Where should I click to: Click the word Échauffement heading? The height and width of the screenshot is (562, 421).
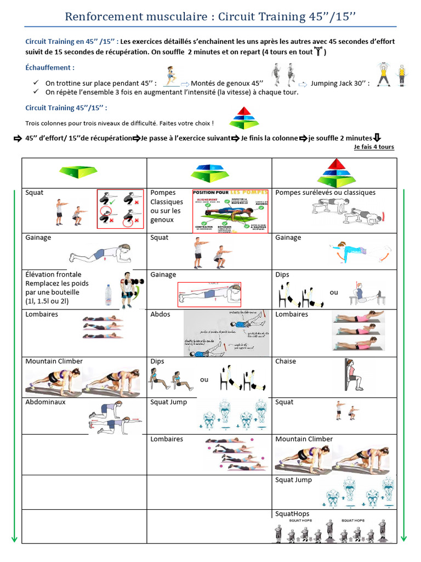click(x=50, y=68)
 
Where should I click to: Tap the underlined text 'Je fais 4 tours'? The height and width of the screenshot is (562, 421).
click(x=374, y=147)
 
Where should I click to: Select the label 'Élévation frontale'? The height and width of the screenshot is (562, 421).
click(x=53, y=274)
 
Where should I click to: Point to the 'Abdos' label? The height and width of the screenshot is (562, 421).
click(x=160, y=314)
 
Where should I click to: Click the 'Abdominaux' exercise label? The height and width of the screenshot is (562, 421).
click(x=45, y=402)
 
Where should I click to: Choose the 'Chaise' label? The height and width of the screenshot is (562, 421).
click(x=286, y=361)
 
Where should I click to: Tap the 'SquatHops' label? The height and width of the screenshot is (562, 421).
click(x=292, y=514)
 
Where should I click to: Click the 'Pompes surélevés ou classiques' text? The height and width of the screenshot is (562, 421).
click(x=325, y=193)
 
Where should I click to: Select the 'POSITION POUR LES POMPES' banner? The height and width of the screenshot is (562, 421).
click(x=230, y=193)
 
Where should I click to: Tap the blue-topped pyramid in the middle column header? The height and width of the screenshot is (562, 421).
click(x=209, y=173)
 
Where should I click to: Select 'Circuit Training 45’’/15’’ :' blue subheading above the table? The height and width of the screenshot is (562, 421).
click(x=66, y=108)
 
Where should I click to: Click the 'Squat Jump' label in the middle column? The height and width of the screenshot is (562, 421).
click(x=168, y=402)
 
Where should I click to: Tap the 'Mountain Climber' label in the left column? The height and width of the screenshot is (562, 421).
click(x=54, y=361)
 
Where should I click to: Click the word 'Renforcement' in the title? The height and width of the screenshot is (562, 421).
click(x=103, y=17)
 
